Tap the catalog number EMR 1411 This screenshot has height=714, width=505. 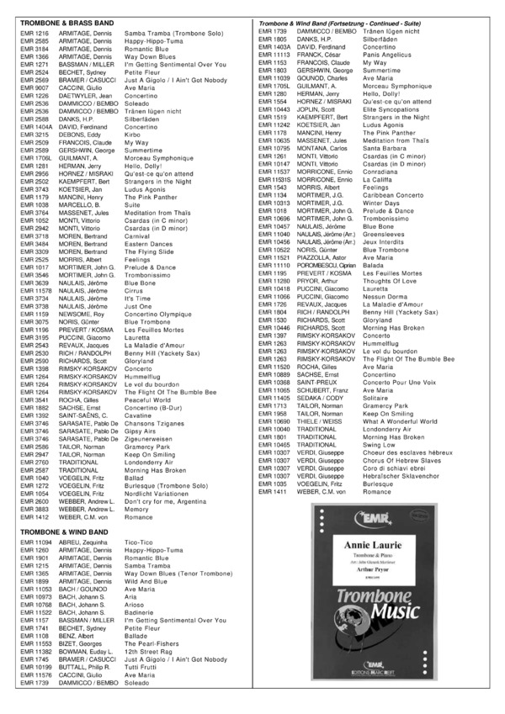pyautogui.click(x=269, y=490)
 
